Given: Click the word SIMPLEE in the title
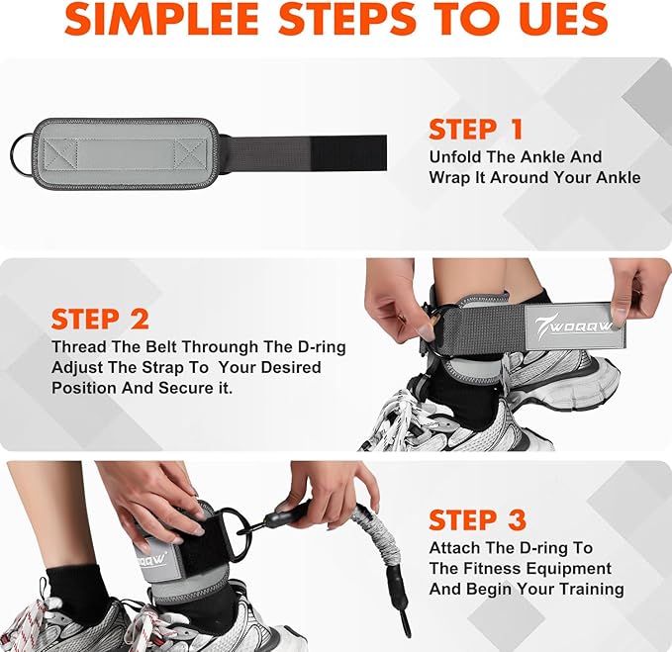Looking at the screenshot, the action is coord(161,19).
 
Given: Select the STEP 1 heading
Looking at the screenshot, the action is coord(476,129).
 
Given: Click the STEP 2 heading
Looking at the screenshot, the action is coord(100,320).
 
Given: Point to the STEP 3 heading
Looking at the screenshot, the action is coord(477,519).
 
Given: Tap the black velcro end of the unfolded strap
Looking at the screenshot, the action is coord(348,153).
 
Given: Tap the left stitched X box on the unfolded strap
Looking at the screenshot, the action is coord(60,154).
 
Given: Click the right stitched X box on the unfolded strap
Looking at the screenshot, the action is coord(190,154).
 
